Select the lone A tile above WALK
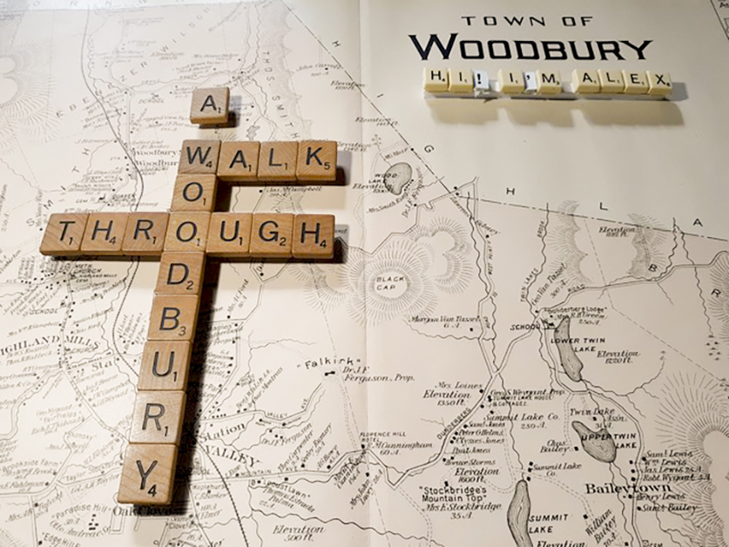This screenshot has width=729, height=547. [210, 105]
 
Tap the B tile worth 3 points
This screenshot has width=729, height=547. [172, 318]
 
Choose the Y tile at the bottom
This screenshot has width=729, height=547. [146, 475]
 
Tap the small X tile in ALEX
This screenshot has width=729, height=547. [659, 81]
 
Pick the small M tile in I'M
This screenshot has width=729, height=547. [548, 81]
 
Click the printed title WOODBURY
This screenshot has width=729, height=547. [530, 47]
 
